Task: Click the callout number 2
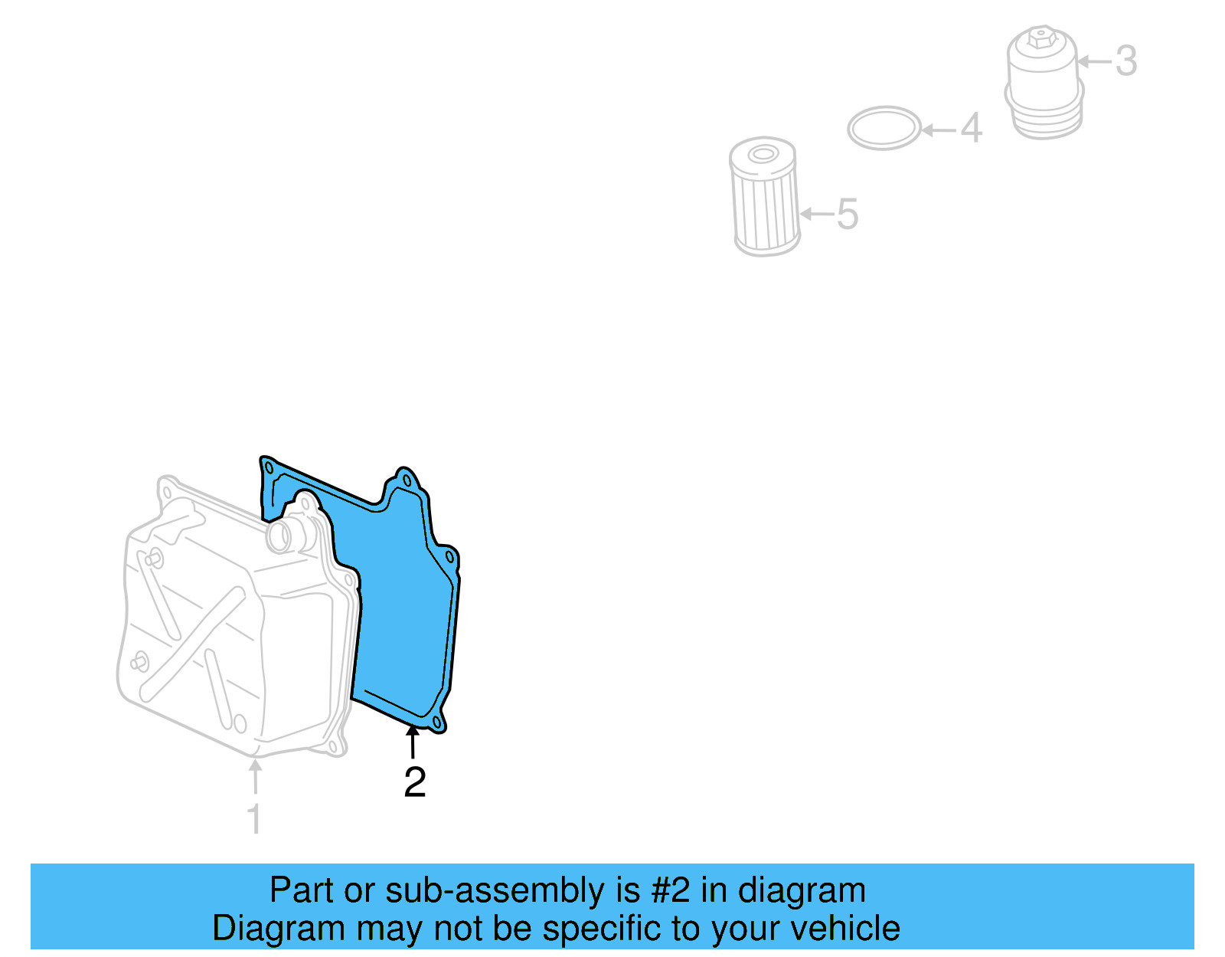(414, 782)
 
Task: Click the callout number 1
(254, 818)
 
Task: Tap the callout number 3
(1125, 61)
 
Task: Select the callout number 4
(971, 128)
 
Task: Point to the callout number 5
(847, 214)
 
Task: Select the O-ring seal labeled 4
(884, 128)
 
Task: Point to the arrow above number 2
(413, 741)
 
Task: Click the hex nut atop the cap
(1039, 36)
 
